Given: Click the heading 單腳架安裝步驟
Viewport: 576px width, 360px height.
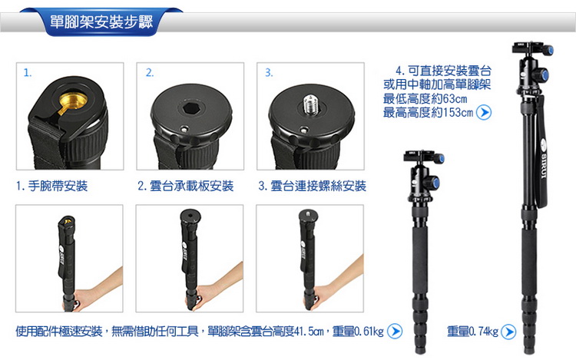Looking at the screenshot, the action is coord(101,22).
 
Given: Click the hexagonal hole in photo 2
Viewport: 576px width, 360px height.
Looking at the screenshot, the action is coord(190,108).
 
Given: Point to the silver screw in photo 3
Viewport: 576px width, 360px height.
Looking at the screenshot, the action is coord(311,104).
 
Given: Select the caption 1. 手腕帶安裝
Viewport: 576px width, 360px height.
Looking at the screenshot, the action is coord(51,186).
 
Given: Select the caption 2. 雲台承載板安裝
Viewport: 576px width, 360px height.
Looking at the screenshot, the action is coord(186,186).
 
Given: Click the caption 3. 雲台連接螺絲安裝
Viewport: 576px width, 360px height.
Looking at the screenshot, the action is coord(313,186).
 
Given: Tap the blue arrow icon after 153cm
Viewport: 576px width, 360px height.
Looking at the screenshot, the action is coord(483,113).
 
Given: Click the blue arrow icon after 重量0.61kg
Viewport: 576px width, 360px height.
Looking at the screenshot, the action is coord(395,332).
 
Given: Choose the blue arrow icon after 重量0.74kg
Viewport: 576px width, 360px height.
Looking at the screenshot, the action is coord(508,332).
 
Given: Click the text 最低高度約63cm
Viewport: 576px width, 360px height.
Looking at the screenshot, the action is coord(425,99).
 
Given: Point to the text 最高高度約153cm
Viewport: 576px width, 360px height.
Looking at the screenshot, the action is coord(428,113).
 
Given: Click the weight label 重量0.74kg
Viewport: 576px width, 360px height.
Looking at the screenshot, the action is coord(472,332).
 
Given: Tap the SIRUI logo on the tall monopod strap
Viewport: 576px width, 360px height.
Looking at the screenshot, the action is coord(544,159).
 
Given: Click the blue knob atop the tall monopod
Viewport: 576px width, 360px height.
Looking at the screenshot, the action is coord(548,50).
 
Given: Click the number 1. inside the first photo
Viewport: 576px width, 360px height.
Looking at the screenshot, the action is coord(28,73).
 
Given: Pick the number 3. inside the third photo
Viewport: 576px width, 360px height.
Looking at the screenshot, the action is coord(269,73).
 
